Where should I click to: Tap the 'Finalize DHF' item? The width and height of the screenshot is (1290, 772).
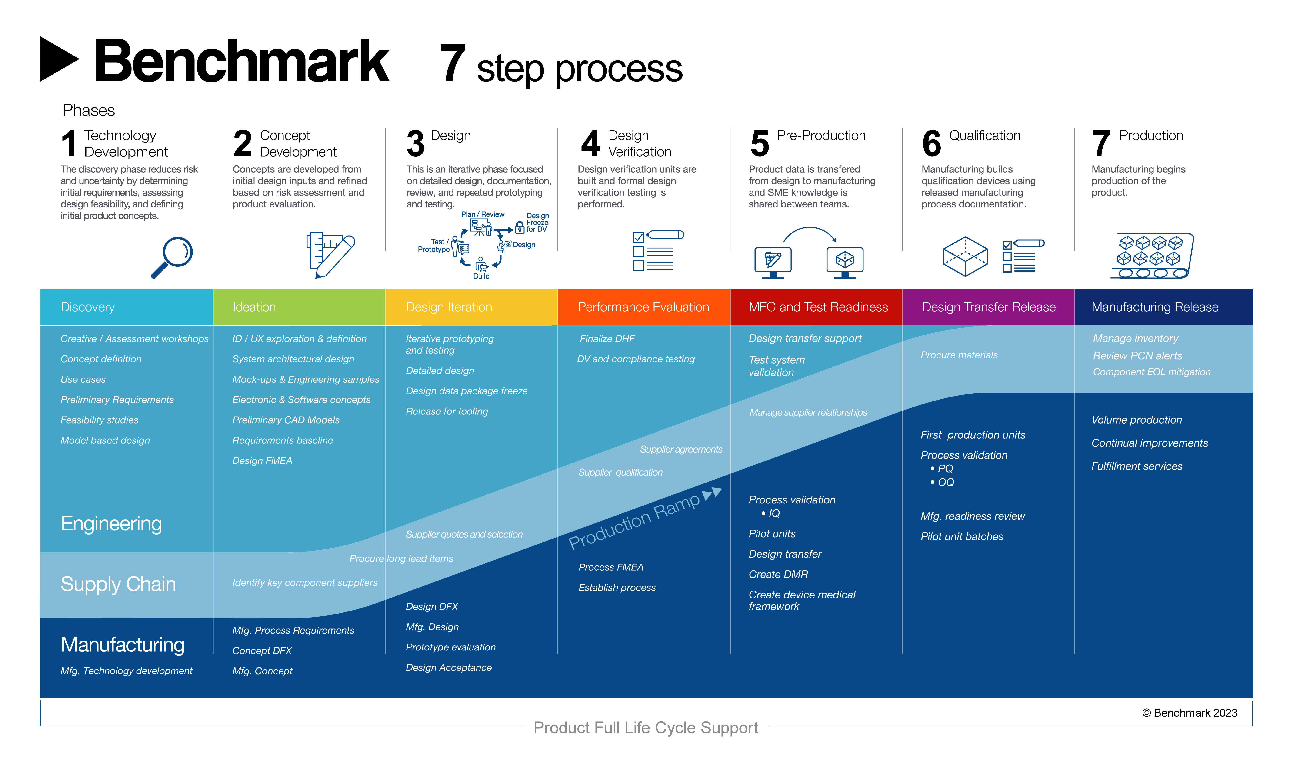[x=607, y=339]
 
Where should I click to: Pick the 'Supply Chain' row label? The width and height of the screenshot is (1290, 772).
[x=118, y=584]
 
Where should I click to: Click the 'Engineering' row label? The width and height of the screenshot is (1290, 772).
[x=111, y=523]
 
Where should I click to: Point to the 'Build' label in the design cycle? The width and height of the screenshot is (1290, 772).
[x=481, y=276]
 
